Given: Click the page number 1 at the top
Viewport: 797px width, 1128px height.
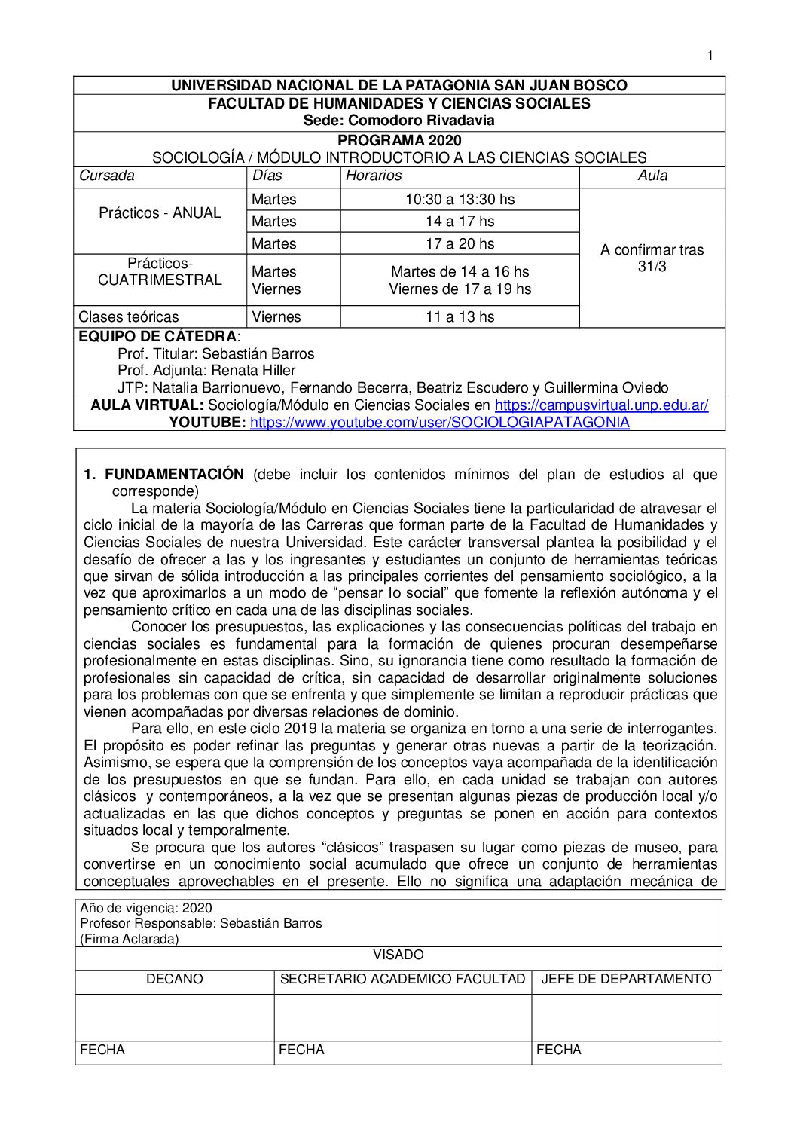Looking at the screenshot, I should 710,56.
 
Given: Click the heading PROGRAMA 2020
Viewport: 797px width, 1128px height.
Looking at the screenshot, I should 399,140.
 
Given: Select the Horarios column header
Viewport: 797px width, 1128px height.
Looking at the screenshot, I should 374,176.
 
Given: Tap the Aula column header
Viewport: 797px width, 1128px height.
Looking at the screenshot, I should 652,176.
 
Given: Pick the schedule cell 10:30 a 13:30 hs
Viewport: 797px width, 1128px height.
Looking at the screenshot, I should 460,199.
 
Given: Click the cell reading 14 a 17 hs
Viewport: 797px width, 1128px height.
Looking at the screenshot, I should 460,221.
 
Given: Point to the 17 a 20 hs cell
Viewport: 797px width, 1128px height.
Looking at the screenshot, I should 460,243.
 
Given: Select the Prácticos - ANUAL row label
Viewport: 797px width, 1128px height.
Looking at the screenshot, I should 160,212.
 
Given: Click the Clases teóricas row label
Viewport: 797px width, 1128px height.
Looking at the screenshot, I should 129,316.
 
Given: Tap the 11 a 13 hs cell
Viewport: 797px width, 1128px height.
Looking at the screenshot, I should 460,316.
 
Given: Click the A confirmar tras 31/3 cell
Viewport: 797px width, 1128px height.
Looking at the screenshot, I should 652,258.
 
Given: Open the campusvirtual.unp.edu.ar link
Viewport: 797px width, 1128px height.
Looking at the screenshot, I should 601,405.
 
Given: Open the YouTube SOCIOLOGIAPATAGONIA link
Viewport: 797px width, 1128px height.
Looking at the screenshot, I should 439,422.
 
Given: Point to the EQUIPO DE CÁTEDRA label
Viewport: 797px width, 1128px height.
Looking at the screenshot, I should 157,336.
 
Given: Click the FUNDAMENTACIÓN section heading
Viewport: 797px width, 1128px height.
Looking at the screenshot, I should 174,474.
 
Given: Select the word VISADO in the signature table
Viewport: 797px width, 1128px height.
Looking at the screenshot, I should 398,955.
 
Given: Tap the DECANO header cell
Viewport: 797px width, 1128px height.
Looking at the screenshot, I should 174,979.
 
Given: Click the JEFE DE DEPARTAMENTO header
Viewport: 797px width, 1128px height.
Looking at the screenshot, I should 626,979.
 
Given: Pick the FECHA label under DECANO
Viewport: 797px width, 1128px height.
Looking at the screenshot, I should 102,1050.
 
